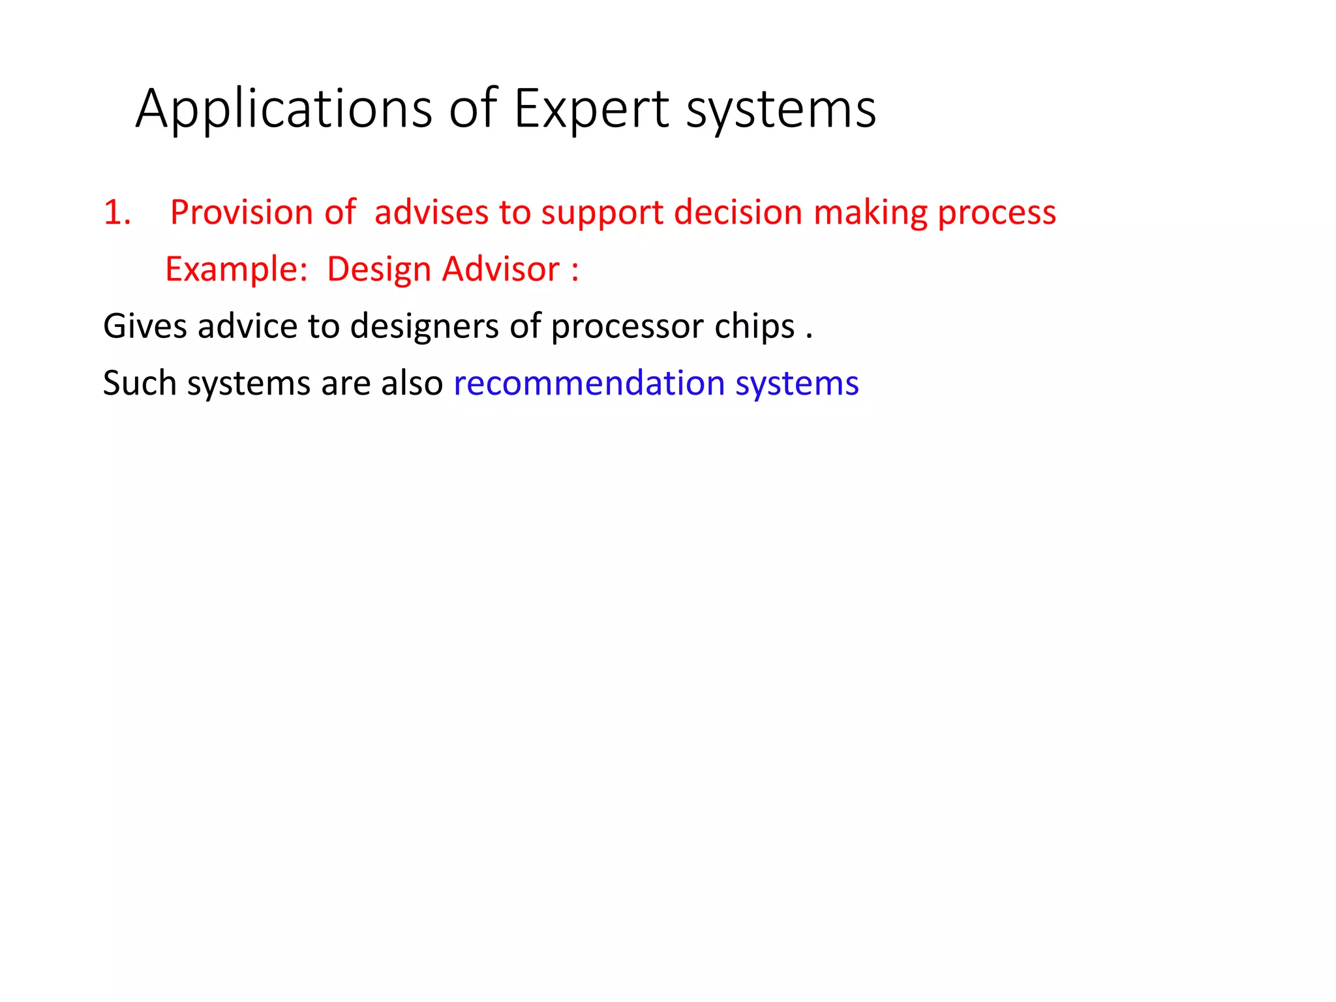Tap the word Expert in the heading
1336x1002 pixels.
[x=591, y=110]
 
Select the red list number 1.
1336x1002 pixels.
[x=117, y=213]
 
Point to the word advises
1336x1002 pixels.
[x=431, y=213]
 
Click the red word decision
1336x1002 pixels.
[x=738, y=213]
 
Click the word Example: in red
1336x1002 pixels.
[x=236, y=270]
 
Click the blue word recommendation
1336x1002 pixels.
[x=589, y=383]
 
